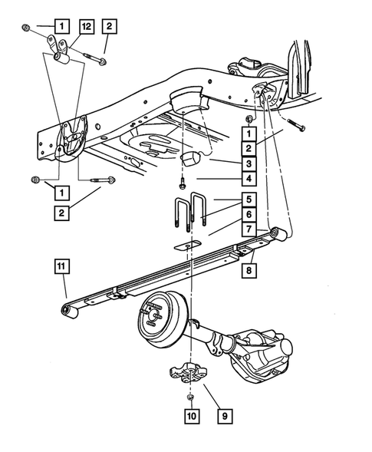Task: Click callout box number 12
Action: pyautogui.click(x=86, y=26)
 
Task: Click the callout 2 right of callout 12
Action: pyautogui.click(x=110, y=26)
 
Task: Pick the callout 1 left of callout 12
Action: pyautogui.click(x=61, y=26)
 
